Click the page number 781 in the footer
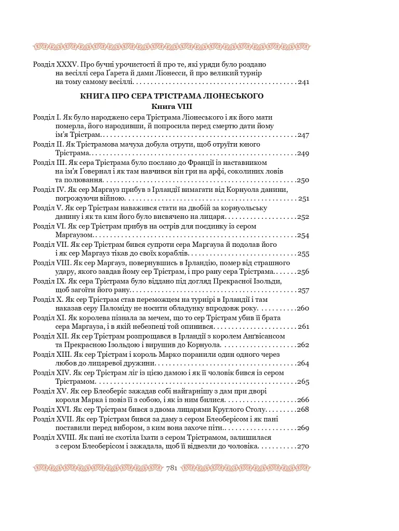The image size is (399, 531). pyautogui.click(x=172, y=468)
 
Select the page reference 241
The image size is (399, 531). pyautogui.click(x=303, y=82)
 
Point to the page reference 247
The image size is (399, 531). pyautogui.click(x=303, y=135)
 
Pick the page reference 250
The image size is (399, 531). pyautogui.click(x=303, y=180)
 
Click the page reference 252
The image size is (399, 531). pyautogui.click(x=303, y=217)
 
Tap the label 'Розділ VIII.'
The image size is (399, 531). pyautogui.click(x=51, y=263)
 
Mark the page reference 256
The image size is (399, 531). pyautogui.click(x=303, y=272)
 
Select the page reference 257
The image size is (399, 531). pyautogui.click(x=303, y=290)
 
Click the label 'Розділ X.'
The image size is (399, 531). pyautogui.click(x=47, y=299)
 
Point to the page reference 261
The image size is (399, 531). pyautogui.click(x=303, y=327)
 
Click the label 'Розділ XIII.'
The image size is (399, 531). pyautogui.click(x=51, y=354)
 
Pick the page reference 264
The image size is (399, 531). pyautogui.click(x=303, y=364)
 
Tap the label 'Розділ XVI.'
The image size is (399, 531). pyautogui.click(x=50, y=409)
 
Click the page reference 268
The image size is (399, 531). pyautogui.click(x=303, y=410)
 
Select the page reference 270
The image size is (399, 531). pyautogui.click(x=303, y=446)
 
